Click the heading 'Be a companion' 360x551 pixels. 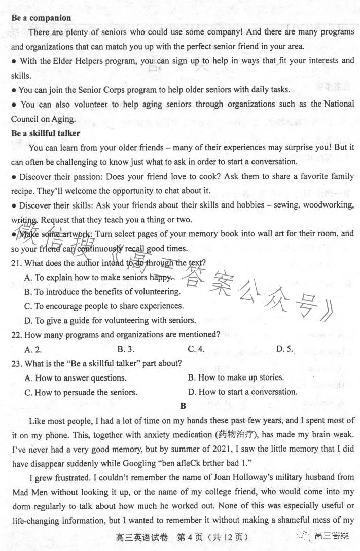[x=41, y=18]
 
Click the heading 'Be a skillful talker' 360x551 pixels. [x=46, y=133]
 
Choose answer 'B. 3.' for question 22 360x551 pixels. [x=125, y=349]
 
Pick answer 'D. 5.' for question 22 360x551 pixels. [x=285, y=349]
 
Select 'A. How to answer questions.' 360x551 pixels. [x=76, y=378]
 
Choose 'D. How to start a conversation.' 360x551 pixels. [x=242, y=392]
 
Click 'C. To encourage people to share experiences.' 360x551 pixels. [x=104, y=306]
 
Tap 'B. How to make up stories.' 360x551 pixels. [x=236, y=377]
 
